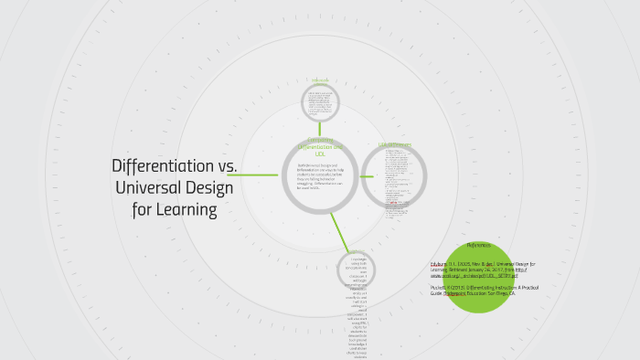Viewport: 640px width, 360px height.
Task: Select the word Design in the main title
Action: click(x=208, y=188)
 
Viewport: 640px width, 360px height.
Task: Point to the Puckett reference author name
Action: click(x=441, y=287)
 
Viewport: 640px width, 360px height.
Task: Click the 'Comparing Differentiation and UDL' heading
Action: click(x=319, y=146)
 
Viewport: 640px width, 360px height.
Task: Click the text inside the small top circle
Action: click(x=320, y=101)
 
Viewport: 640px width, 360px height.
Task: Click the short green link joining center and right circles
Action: click(x=357, y=175)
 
